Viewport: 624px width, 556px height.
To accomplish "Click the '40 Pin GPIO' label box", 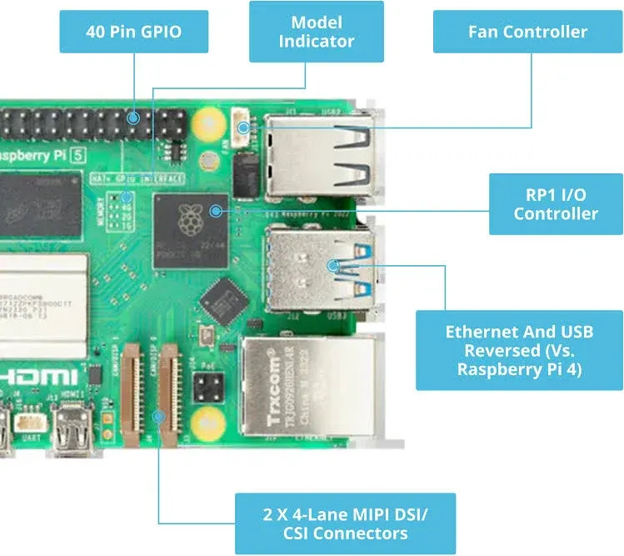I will tap(133, 33).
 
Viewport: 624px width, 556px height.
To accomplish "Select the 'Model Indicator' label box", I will tap(316, 32).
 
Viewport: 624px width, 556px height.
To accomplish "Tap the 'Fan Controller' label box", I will tap(527, 33).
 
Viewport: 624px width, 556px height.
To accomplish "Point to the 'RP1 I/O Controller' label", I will tap(555, 203).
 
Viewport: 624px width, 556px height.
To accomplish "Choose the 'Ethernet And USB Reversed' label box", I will tap(519, 350).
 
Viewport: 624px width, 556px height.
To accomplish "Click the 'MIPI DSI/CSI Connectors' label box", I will tap(345, 523).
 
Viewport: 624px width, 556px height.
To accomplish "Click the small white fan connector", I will tap(243, 128).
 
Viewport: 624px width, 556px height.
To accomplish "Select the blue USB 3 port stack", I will tap(317, 268).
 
